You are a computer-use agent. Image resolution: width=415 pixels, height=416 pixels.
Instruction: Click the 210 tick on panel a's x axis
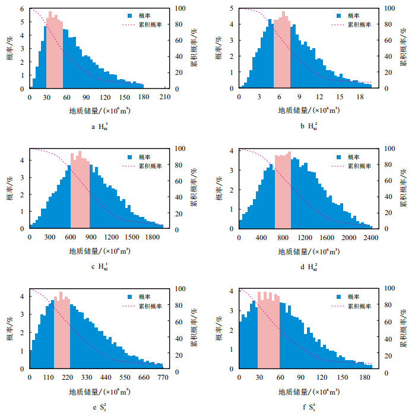pos(164,97)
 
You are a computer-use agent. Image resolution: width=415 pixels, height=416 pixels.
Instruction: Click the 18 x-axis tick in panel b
pos(360,97)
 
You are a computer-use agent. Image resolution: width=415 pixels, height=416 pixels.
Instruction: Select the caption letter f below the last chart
pos(302,407)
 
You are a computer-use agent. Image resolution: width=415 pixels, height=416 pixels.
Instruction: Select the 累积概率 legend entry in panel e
pos(140,305)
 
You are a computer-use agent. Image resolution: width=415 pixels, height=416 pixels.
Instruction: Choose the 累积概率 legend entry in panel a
pos(140,25)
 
